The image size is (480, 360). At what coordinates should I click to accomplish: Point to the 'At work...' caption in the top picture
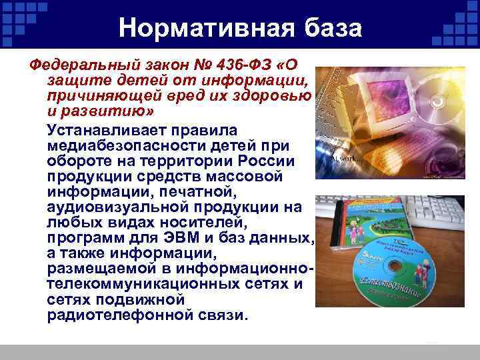point(347,161)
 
